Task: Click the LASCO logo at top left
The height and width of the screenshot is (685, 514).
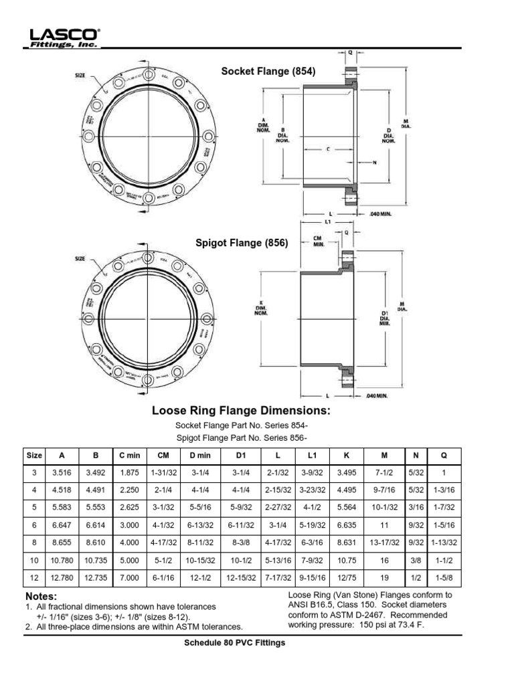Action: [x=64, y=37]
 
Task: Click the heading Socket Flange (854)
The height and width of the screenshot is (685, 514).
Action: [x=268, y=71]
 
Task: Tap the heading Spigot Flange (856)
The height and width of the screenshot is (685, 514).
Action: [x=242, y=243]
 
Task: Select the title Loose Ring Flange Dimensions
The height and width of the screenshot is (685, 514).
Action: [x=242, y=410]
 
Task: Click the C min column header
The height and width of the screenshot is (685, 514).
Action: [x=130, y=456]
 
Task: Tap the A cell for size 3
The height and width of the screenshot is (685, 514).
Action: [x=62, y=473]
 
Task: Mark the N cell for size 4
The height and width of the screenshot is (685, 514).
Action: [x=416, y=490]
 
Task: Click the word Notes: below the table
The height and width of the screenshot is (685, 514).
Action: [x=41, y=596]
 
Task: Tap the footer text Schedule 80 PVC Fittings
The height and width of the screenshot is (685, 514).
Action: [x=235, y=643]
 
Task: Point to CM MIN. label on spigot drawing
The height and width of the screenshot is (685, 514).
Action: [x=319, y=240]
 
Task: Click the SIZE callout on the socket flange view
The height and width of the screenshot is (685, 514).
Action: [x=80, y=76]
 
